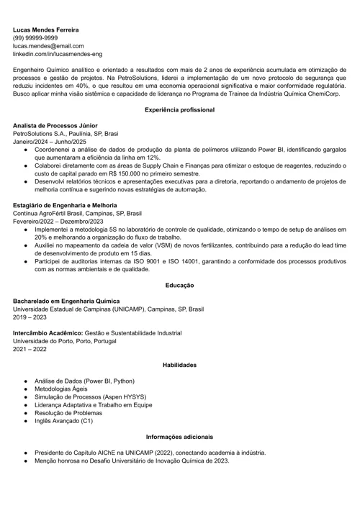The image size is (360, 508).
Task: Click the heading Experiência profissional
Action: click(x=179, y=109)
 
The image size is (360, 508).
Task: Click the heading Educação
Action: click(x=179, y=286)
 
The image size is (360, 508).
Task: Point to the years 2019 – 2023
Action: click(x=30, y=317)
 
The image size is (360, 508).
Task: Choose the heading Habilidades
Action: click(x=179, y=365)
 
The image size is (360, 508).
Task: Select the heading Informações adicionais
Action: click(x=179, y=437)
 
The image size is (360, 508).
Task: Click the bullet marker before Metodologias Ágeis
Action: click(x=25, y=389)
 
